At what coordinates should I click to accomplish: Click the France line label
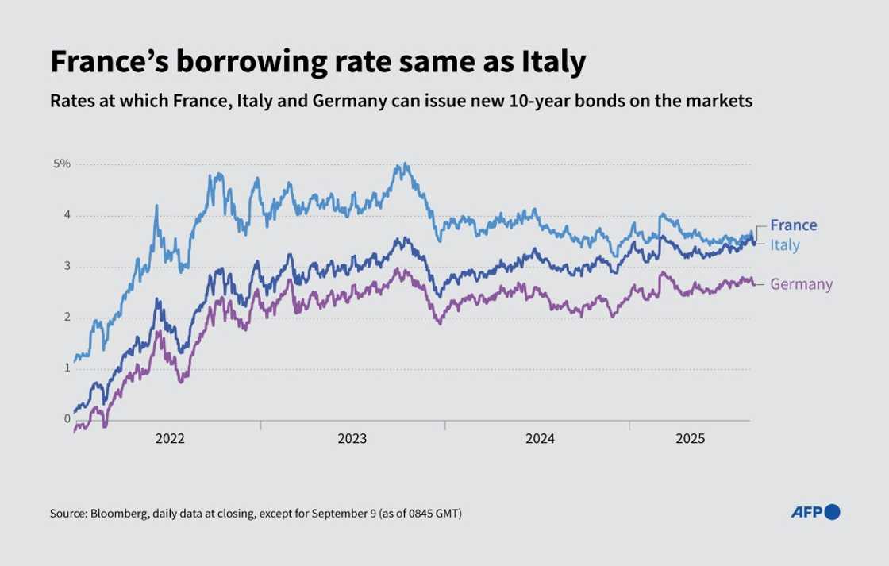pos(793,225)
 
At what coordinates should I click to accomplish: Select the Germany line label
pos(801,284)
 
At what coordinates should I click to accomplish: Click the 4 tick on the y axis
pos(67,215)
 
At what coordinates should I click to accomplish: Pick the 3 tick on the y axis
pos(67,266)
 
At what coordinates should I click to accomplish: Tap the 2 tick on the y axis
pos(67,317)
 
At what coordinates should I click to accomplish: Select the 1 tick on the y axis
pos(67,368)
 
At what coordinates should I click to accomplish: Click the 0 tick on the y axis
pos(67,418)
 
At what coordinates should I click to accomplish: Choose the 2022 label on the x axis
pos(171,439)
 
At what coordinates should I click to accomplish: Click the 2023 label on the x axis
pos(353,439)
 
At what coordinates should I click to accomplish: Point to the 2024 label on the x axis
pos(539,439)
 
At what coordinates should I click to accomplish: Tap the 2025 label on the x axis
pos(691,439)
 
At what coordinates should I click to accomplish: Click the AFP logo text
pos(807,513)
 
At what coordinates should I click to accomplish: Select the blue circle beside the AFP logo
pos(833,512)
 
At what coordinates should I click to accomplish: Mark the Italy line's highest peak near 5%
pos(405,164)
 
